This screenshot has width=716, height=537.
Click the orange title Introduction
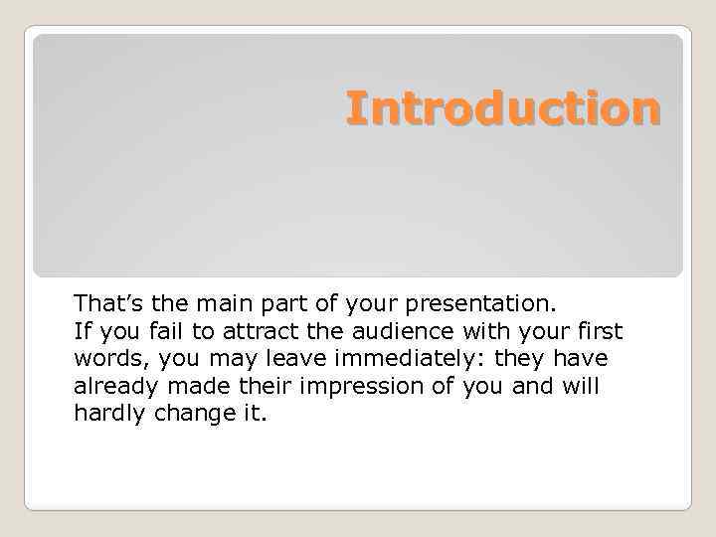click(502, 108)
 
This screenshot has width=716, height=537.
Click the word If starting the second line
click(81, 330)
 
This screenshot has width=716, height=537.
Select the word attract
click(258, 330)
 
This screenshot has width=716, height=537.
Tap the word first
click(597, 330)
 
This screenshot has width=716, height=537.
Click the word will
click(581, 386)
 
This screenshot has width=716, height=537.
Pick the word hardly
click(109, 414)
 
